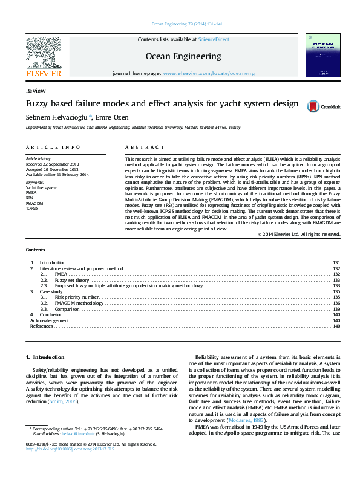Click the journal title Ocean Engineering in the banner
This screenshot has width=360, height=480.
(x=183, y=56)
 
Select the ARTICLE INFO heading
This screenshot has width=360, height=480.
(x=53, y=148)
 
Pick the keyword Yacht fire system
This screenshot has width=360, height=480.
(x=42, y=188)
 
